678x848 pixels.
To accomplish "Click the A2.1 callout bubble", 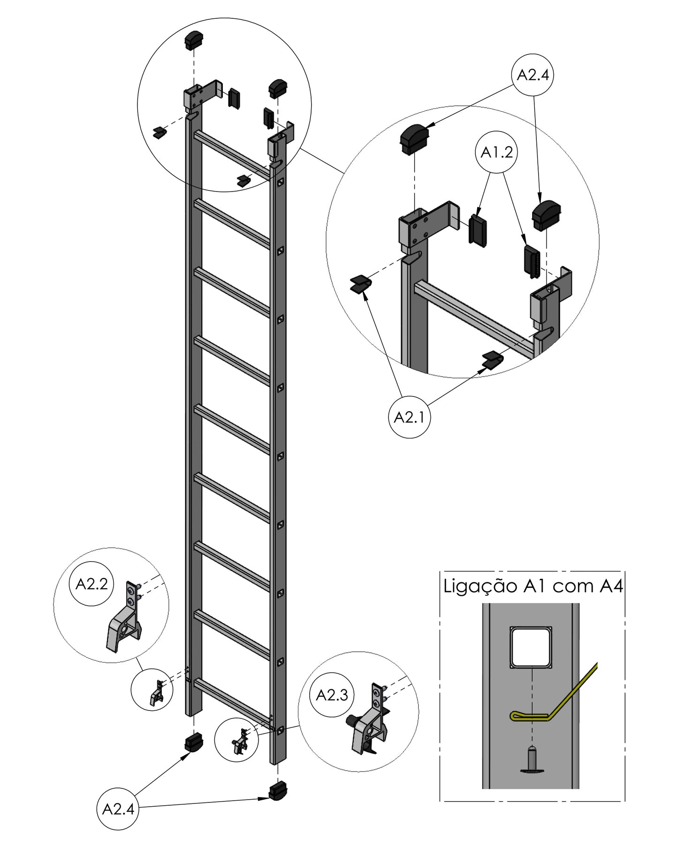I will pos(410,417).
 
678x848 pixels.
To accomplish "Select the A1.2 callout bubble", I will pos(497,153).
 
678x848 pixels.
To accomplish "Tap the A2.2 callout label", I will pos(92,584).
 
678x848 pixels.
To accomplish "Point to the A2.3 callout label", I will pos(332,694).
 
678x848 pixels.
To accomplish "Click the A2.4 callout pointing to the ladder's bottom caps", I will pos(118,809).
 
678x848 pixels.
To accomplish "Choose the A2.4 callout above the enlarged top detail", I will pos(533,75).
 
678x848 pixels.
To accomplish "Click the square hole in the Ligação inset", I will pos(532,647).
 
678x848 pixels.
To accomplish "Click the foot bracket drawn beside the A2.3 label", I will pos(370,728).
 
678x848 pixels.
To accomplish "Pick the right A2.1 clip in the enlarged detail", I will pos(493,360).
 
